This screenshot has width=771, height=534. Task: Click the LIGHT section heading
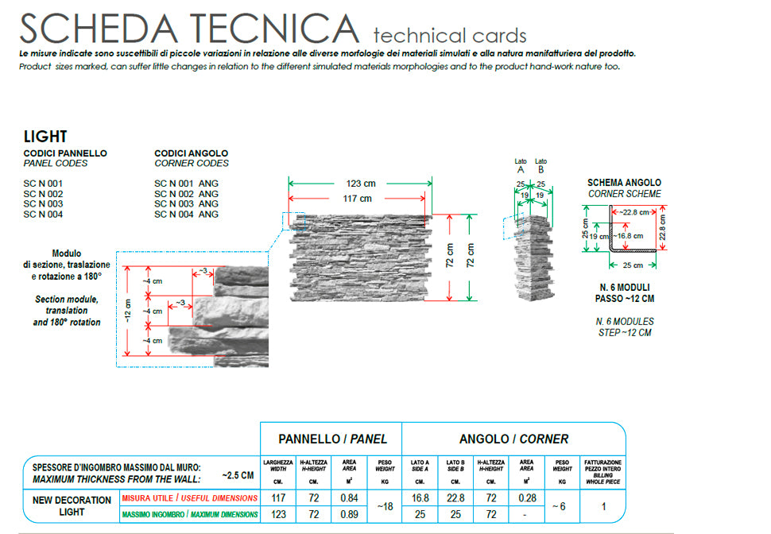45,137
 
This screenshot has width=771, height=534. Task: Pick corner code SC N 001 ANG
186,184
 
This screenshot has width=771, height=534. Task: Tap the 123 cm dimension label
360,184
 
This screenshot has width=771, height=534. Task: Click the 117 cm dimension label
358,199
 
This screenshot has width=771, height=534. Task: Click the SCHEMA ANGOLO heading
624,183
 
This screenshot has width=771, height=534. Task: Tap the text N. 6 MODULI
624,288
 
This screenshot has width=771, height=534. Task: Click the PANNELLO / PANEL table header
332,439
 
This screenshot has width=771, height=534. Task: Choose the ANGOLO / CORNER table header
513,439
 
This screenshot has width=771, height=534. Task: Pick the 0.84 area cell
347,497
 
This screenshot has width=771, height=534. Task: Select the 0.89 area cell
347,514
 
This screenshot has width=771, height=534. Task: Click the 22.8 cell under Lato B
455,497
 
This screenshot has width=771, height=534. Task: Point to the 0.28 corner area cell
526,497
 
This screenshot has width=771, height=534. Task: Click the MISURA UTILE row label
189,497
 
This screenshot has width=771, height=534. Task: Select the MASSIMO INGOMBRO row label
189,514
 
